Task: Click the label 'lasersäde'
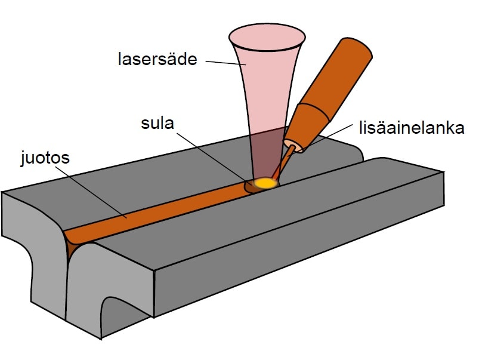pyautogui.click(x=157, y=60)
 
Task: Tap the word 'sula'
pyautogui.click(x=157, y=125)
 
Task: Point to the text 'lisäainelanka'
pyautogui.click(x=412, y=128)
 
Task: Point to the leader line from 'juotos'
pyautogui.click(x=95, y=191)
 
